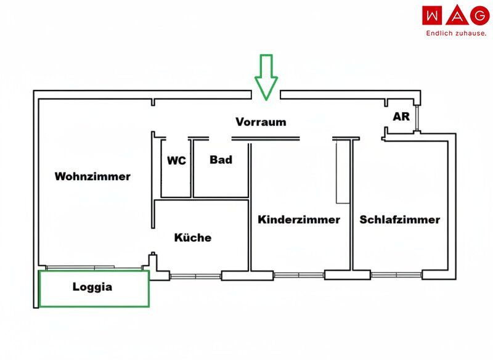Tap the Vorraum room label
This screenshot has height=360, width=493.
pyautogui.click(x=261, y=122)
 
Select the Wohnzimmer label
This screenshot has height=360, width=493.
pyautogui.click(x=92, y=176)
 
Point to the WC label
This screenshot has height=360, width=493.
pyautogui.click(x=176, y=161)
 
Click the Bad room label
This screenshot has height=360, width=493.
pyautogui.click(x=221, y=160)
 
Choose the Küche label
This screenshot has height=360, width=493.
pyautogui.click(x=193, y=237)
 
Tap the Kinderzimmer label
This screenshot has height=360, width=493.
pyautogui.click(x=299, y=219)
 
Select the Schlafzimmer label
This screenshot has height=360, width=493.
pyautogui.click(x=399, y=219)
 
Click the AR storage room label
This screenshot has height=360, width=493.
pyautogui.click(x=401, y=117)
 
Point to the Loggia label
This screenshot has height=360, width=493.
pyautogui.click(x=92, y=287)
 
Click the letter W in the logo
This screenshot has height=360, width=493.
pyautogui.click(x=433, y=15)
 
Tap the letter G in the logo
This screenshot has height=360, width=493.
pyautogui.click(x=479, y=15)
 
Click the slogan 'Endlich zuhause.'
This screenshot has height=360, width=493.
pyautogui.click(x=456, y=33)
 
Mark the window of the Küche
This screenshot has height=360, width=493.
pyautogui.click(x=195, y=276)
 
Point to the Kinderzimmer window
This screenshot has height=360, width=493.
pyautogui.click(x=299, y=276)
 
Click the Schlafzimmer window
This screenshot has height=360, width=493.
pyautogui.click(x=396, y=275)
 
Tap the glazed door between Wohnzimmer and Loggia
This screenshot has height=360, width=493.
pyautogui.click(x=94, y=268)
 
